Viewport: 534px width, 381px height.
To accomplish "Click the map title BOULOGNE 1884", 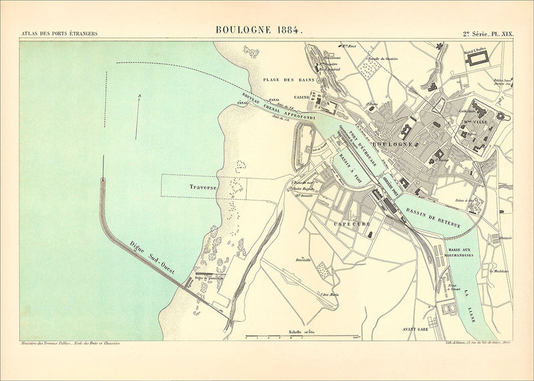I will (x=259, y=30).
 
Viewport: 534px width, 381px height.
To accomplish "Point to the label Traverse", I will (x=202, y=188).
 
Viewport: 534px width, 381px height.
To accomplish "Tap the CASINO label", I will (x=302, y=98).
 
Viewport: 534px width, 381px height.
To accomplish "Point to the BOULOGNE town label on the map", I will (x=393, y=144).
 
